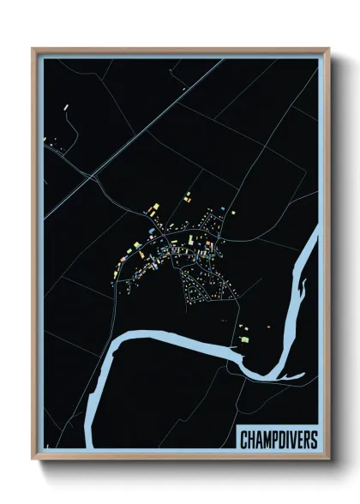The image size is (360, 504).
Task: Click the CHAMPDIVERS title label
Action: coord(278,441)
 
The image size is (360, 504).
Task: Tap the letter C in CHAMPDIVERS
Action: coord(243,441)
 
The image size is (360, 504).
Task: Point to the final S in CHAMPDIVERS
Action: coord(313,441)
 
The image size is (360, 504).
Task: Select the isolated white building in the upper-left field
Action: coord(66,106)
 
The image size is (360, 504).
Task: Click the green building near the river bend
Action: coord(244,339)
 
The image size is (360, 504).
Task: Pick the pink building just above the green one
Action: coord(242,328)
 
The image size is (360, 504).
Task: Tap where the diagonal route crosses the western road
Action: coord(91,177)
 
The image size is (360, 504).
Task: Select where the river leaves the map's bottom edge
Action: coord(91,446)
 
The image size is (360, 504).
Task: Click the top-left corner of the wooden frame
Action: coord(33,49)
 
